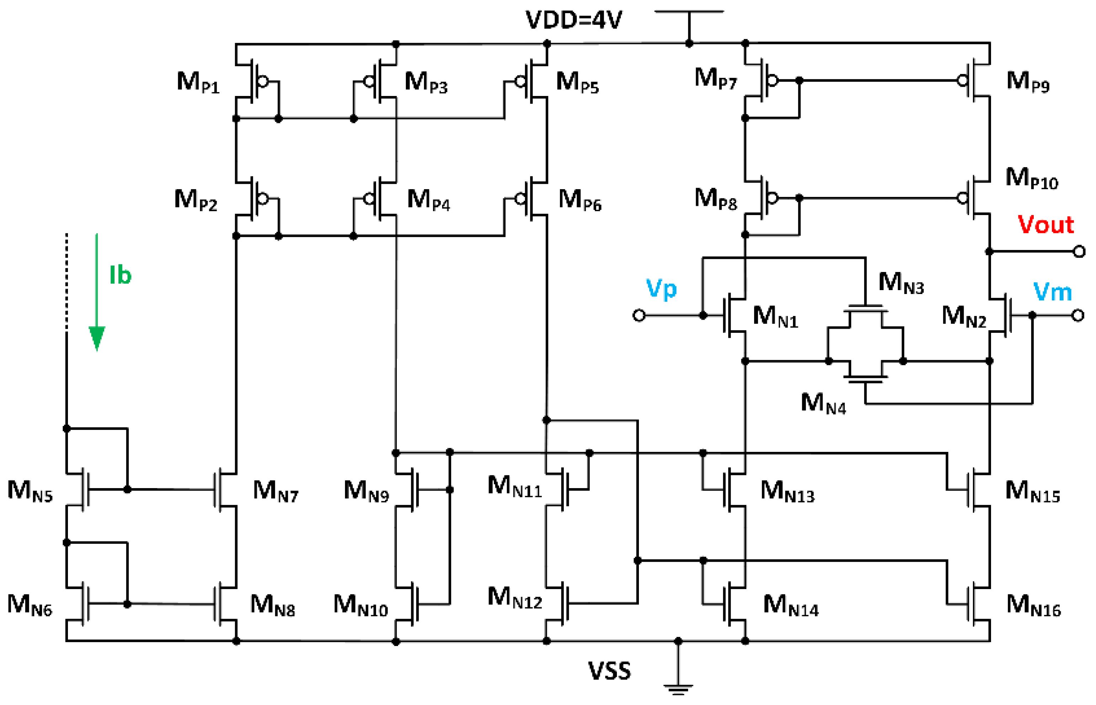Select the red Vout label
pos(1045,225)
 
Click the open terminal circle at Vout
pos(1079,252)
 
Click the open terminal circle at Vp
pos(639,315)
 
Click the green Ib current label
pos(120,275)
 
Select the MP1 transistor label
pos(198,82)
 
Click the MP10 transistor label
pos(1031,178)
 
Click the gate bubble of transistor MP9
pos(963,81)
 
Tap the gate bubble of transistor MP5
pos(520,81)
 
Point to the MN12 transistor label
pos(514,598)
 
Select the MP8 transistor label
pos(715,199)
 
